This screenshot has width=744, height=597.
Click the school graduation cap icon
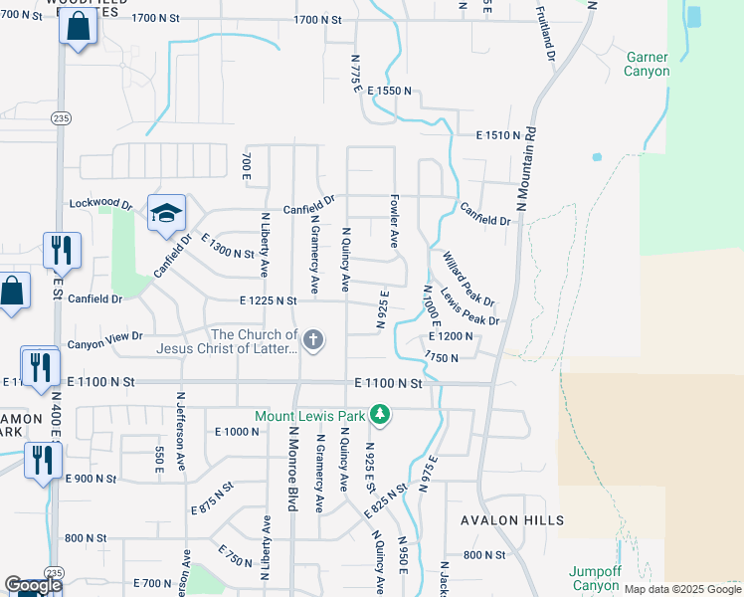[166, 212]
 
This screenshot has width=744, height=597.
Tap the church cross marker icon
[313, 340]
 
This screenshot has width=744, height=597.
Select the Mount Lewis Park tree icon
[378, 413]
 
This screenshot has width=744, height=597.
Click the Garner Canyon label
[647, 64]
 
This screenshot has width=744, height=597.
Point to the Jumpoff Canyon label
[596, 578]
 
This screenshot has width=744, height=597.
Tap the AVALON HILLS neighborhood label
[512, 520]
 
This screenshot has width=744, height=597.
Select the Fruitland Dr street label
[544, 33]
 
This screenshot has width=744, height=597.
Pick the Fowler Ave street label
[394, 220]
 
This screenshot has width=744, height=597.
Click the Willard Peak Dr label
[469, 278]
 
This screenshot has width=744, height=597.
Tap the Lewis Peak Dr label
[469, 307]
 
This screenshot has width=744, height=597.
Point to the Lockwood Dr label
[100, 204]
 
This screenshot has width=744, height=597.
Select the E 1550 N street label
[389, 91]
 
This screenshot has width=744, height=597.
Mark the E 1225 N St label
[268, 299]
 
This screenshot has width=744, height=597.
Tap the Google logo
[33, 585]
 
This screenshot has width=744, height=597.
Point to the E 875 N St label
[212, 509]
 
